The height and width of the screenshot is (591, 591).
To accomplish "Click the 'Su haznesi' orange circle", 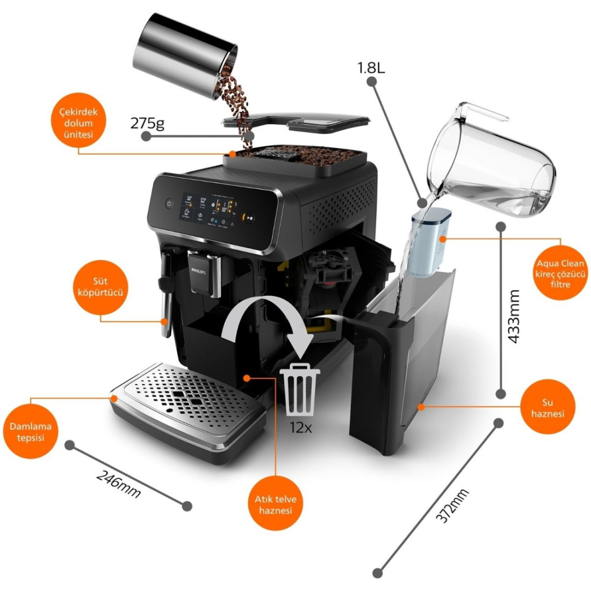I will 548,407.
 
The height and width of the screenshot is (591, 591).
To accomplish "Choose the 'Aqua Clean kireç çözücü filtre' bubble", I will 560,273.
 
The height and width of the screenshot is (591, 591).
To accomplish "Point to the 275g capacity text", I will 147,124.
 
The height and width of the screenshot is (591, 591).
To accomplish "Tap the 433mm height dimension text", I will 514,317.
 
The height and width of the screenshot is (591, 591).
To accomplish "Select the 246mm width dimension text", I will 118,483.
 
